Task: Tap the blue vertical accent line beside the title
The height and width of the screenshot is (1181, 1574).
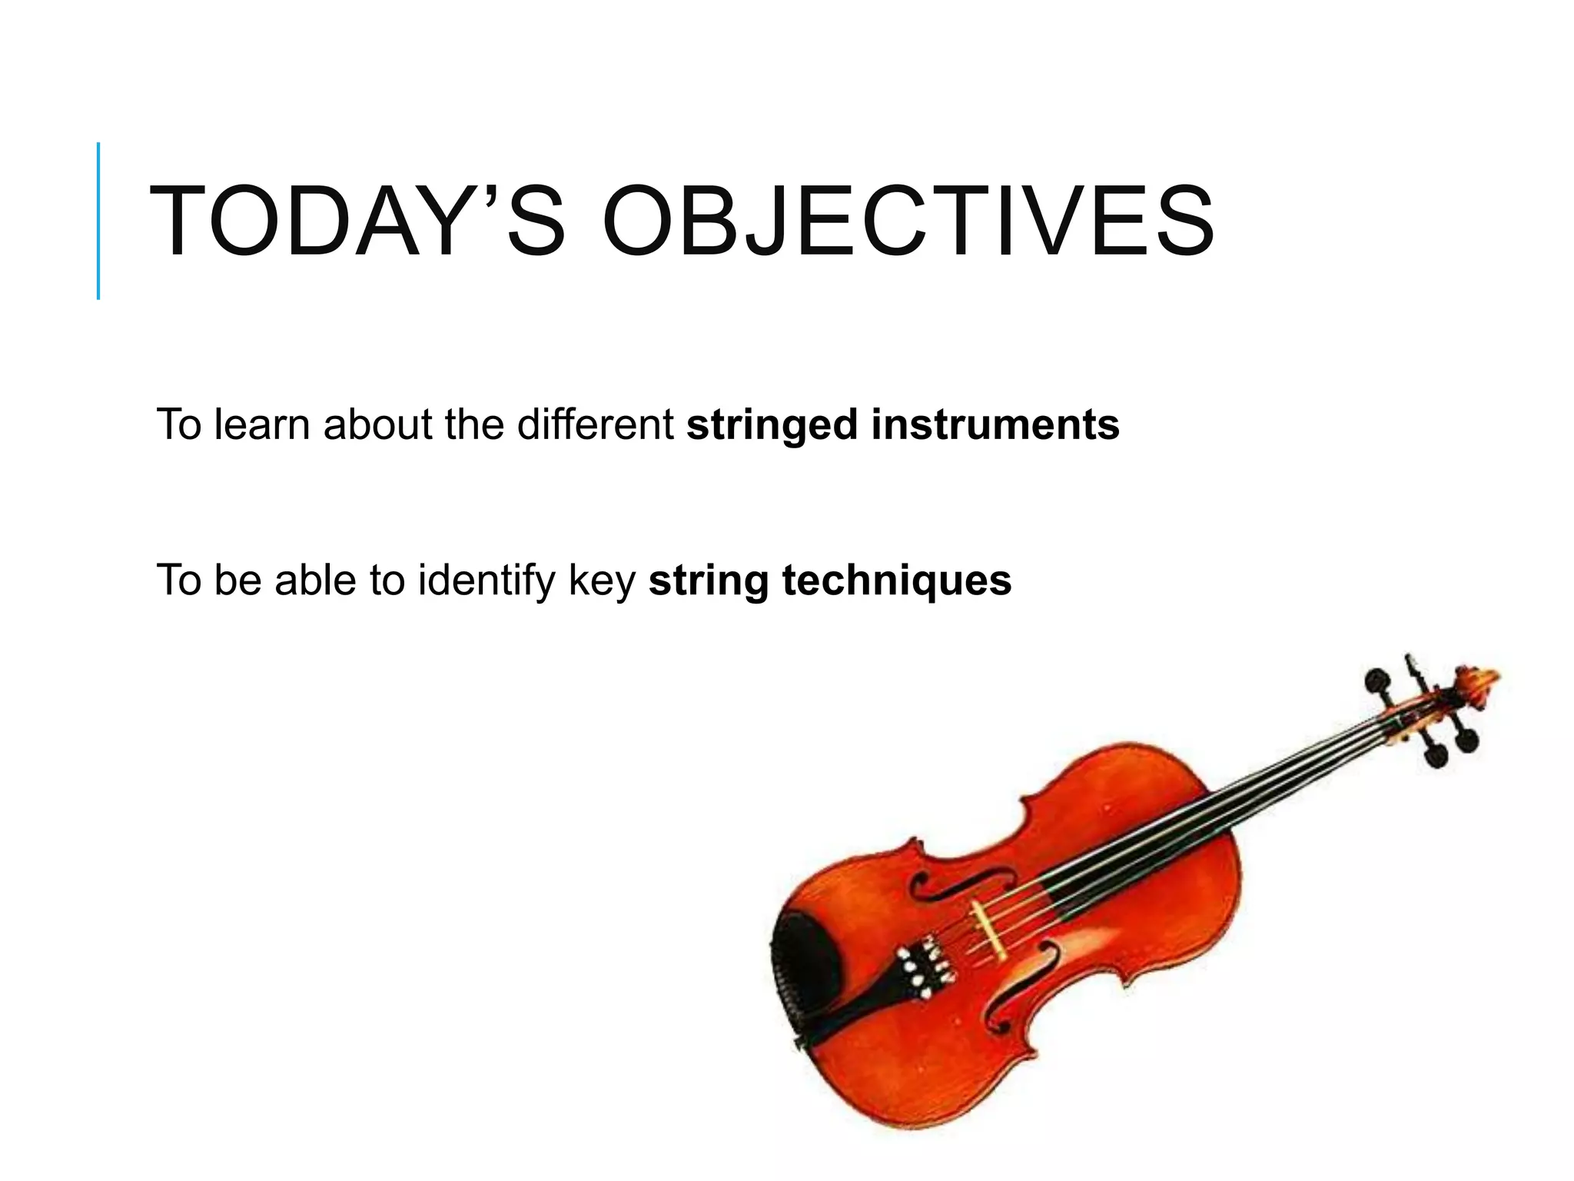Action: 98,221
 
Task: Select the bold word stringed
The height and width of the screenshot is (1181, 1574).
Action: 771,425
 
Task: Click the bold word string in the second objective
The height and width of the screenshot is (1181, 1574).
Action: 709,581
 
